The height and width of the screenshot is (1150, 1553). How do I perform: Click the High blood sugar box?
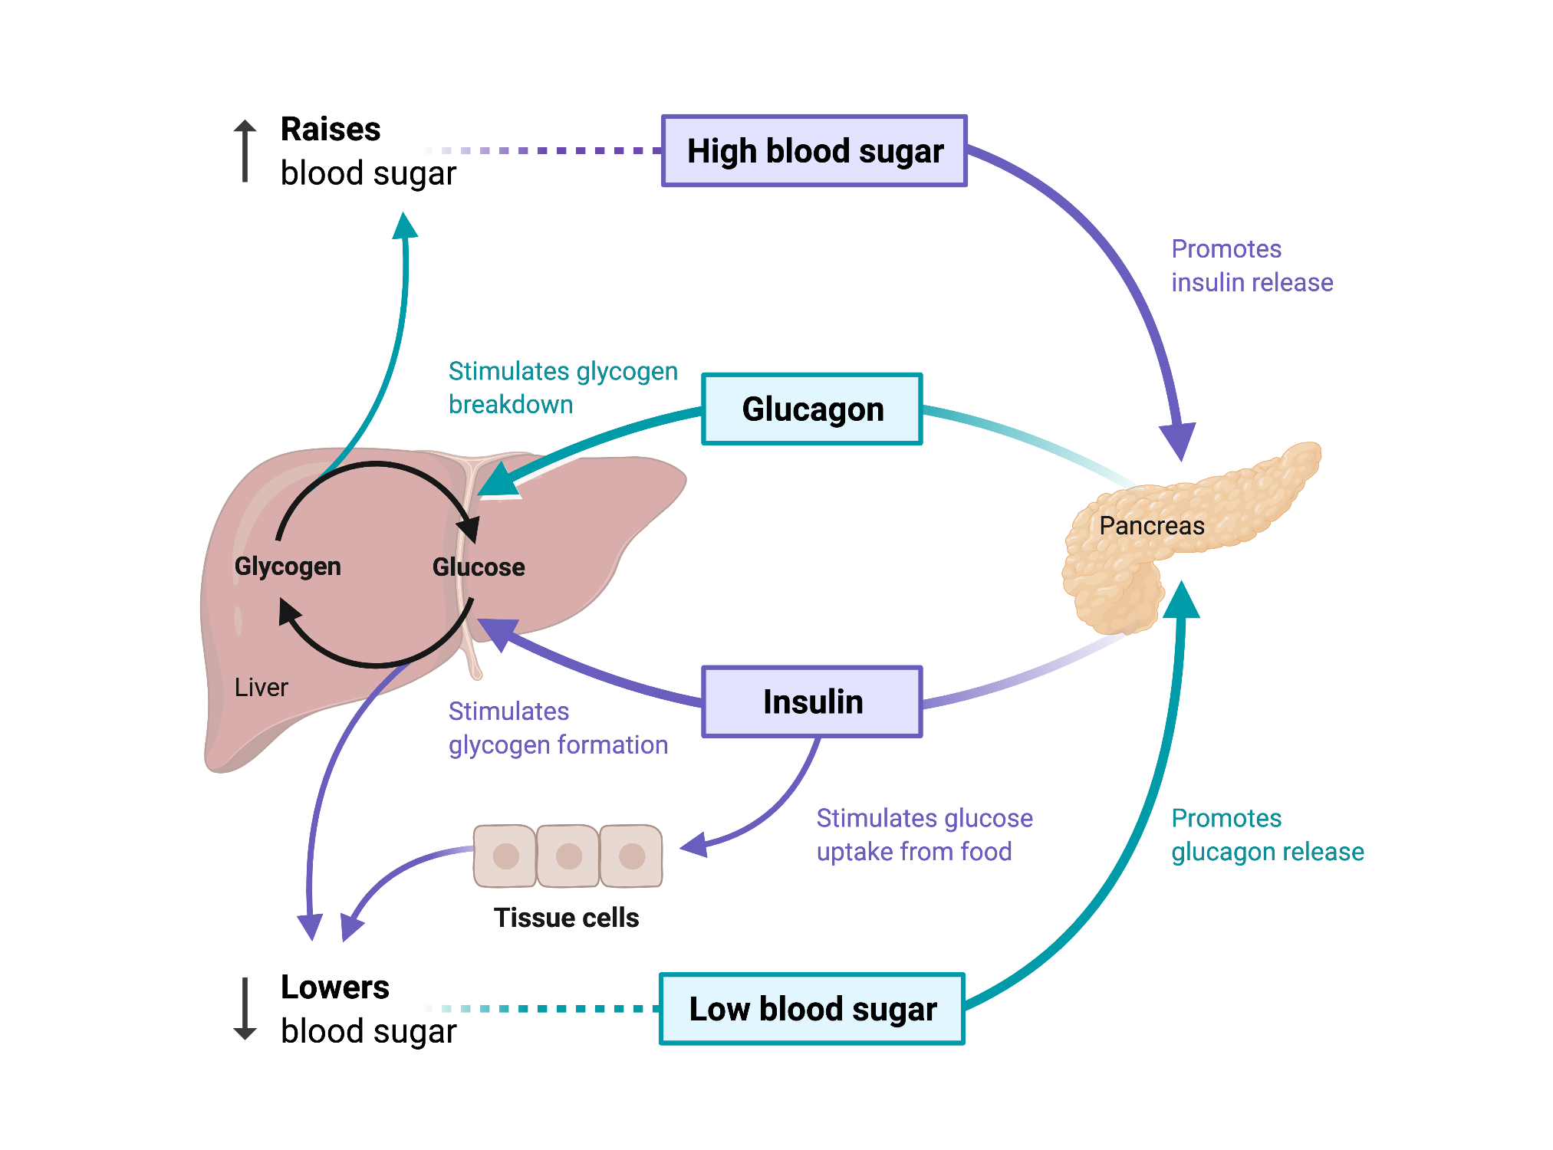[x=814, y=151]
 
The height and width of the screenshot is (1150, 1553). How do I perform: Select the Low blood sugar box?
[x=812, y=1009]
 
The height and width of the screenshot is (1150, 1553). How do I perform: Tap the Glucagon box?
[x=812, y=409]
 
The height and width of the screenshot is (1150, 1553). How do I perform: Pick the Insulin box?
[x=812, y=701]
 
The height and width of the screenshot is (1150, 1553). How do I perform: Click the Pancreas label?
[x=1152, y=526]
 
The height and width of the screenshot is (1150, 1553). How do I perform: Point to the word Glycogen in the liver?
[x=288, y=567]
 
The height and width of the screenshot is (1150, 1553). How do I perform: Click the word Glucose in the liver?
[x=479, y=567]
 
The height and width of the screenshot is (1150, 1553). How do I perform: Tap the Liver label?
[x=262, y=687]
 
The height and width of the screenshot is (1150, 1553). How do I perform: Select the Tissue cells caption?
[x=566, y=918]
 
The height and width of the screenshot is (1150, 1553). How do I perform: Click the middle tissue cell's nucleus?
[x=569, y=856]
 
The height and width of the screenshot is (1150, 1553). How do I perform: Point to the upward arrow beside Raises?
[x=245, y=150]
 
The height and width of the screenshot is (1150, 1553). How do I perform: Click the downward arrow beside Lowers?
[x=245, y=1009]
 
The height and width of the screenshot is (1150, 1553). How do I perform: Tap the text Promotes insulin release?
[x=1252, y=266]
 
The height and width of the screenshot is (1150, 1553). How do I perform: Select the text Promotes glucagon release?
[x=1268, y=835]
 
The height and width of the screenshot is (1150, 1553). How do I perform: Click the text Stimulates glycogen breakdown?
[x=563, y=388]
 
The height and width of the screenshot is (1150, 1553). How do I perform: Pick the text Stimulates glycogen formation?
[x=558, y=728]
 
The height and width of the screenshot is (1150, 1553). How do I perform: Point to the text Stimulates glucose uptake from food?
[x=924, y=835]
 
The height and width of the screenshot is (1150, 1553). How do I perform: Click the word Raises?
[x=331, y=129]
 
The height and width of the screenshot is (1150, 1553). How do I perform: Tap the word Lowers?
[x=335, y=987]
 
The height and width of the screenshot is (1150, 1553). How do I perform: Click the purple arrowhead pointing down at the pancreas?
[x=1178, y=442]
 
